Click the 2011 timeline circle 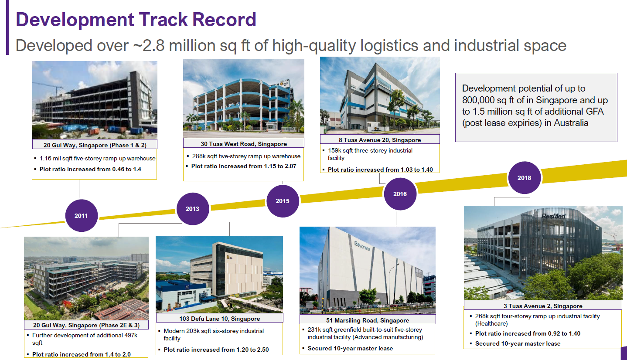[81, 216]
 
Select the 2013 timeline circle [192, 209]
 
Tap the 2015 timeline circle [282, 201]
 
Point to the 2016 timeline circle [400, 194]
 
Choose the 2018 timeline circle [524, 178]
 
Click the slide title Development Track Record [136, 20]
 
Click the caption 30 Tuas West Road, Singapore [243, 144]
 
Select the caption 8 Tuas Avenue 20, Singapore [380, 140]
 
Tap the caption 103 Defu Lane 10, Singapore [219, 319]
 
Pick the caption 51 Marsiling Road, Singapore [368, 320]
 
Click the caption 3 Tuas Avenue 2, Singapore [543, 306]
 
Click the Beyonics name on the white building [362, 246]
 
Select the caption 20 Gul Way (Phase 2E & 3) [86, 325]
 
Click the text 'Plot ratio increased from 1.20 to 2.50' [216, 350]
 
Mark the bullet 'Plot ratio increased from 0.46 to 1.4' [90, 169]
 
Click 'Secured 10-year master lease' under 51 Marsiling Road [350, 349]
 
